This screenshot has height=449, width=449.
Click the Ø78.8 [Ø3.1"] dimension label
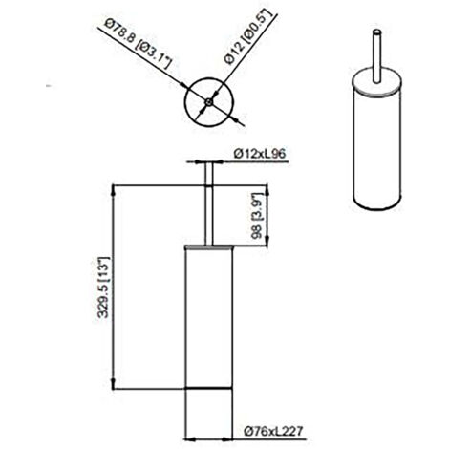pos(139,44)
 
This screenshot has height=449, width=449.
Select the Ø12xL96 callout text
pos(260,154)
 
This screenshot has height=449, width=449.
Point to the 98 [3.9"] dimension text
pos(258,216)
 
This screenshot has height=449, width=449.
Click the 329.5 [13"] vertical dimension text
pos(104,287)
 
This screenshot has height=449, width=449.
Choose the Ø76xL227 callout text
pos(272,432)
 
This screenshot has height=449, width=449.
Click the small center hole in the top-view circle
pos(208,102)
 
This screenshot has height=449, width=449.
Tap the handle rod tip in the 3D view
pos(376,32)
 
